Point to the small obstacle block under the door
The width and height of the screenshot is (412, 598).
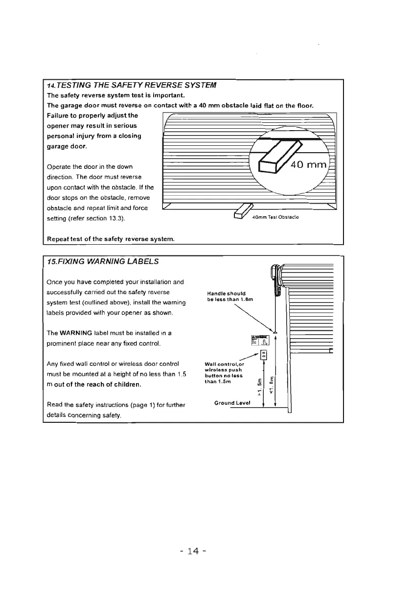242,211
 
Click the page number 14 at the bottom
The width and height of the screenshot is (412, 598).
194,552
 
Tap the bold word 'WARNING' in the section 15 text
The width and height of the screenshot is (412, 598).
81,333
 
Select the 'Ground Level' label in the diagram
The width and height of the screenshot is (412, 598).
232,403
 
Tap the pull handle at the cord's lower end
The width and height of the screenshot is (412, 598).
275,332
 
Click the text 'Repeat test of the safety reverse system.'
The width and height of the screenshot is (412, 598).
111,239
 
